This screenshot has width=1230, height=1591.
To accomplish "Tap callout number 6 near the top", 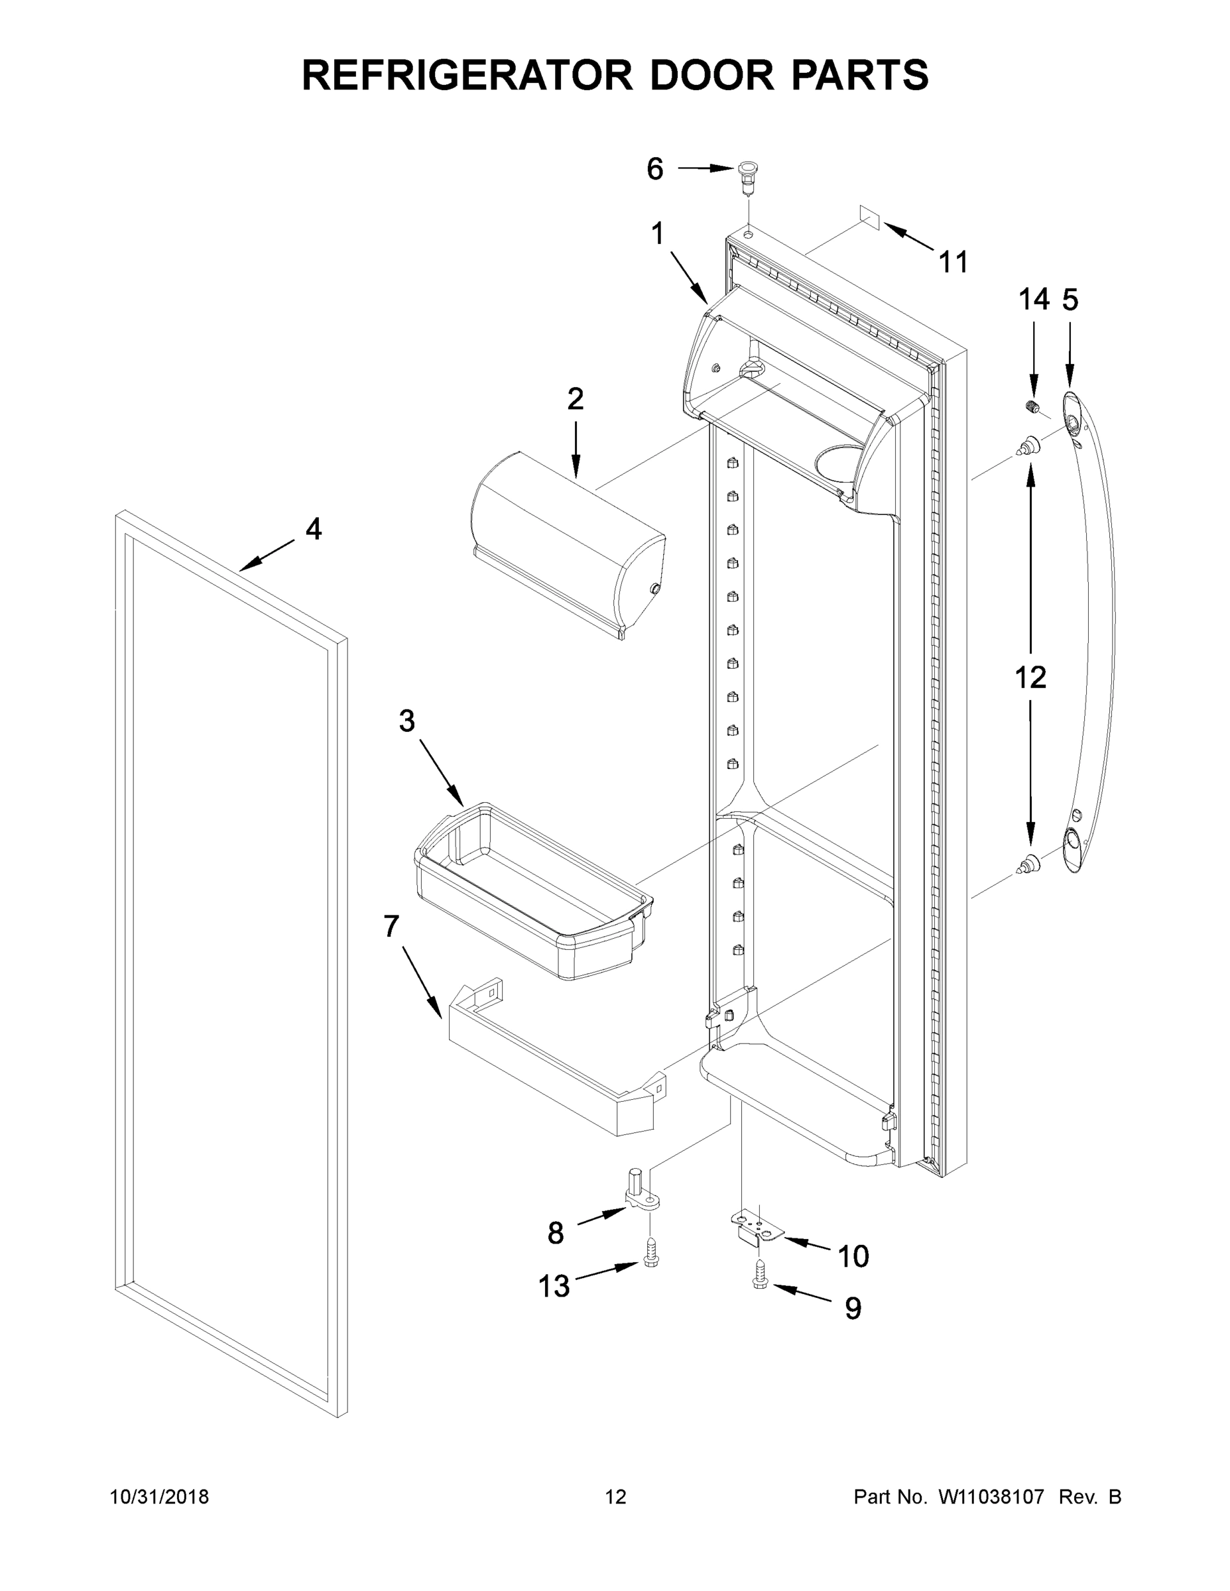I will click(x=655, y=169).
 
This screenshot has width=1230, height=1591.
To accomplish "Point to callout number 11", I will click(x=953, y=262).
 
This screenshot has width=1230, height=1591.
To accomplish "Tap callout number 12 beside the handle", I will click(x=1030, y=678).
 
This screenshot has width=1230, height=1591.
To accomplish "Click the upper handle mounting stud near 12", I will click(x=1029, y=445).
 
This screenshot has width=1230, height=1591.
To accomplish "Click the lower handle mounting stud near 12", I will click(x=1029, y=864).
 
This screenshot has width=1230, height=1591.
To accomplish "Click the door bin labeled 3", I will click(x=532, y=892).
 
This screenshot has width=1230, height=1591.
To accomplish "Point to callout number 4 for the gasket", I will click(x=314, y=530).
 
